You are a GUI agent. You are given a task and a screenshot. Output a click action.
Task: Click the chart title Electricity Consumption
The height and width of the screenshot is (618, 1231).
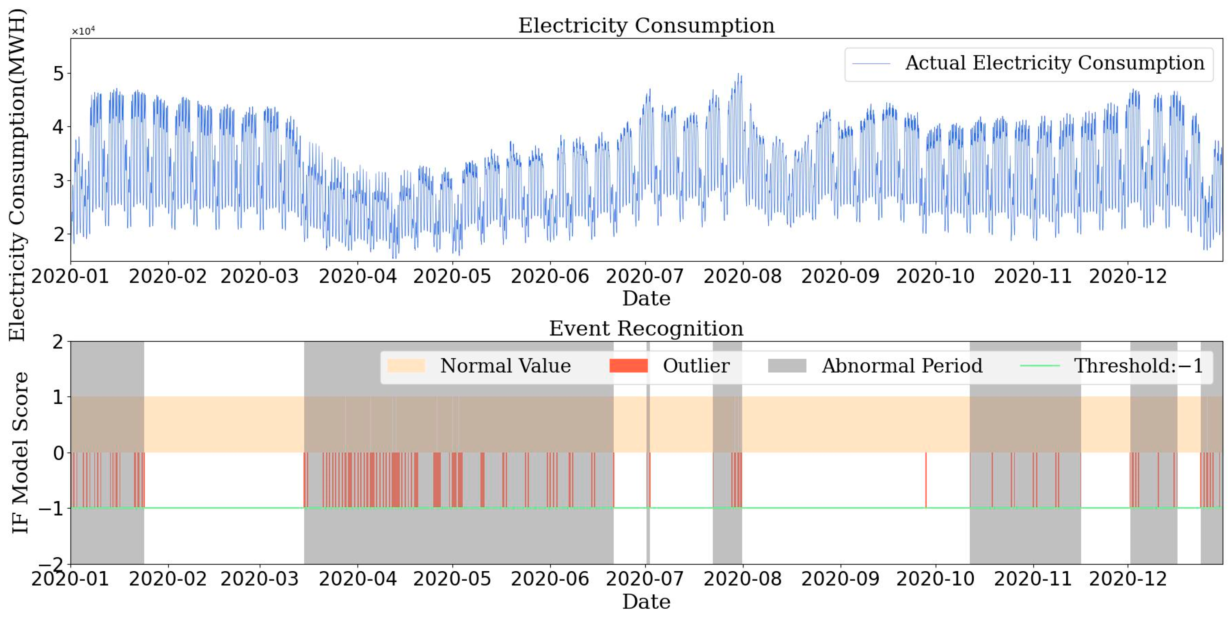click(646, 25)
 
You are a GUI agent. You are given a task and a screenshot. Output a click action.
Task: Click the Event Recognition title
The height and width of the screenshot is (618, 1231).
click(646, 328)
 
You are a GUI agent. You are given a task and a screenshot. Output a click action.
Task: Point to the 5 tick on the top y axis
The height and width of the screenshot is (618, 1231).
click(58, 74)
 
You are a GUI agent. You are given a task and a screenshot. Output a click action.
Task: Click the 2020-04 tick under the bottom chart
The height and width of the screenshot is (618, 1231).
click(358, 579)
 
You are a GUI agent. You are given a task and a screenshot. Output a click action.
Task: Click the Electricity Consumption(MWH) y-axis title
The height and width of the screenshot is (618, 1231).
click(17, 175)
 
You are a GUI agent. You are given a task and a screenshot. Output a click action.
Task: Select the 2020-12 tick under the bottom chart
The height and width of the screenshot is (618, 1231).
click(1128, 579)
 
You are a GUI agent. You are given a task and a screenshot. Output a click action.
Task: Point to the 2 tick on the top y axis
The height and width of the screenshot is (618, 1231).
click(58, 235)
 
